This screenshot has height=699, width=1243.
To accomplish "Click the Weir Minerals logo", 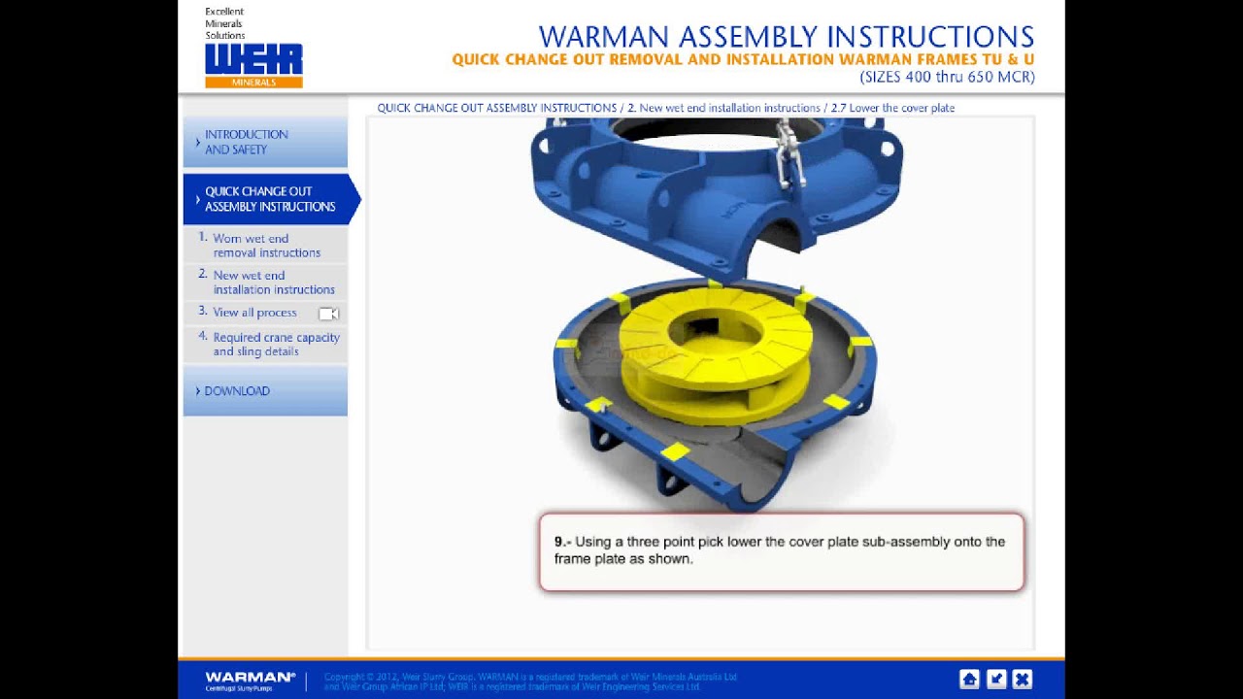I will click(253, 65).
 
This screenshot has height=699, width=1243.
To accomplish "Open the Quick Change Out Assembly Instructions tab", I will click(269, 199).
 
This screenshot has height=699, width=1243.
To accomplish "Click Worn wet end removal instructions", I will click(266, 246).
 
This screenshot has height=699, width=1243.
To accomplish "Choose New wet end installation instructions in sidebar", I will click(273, 283).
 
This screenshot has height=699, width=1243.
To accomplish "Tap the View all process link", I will click(254, 313).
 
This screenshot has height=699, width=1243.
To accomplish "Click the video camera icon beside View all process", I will click(328, 314).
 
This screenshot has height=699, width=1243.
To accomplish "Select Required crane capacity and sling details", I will click(276, 345).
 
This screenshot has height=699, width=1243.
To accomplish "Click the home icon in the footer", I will click(969, 679).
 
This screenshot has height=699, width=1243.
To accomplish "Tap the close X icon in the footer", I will click(1022, 679).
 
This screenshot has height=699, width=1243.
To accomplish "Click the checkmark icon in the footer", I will click(995, 679).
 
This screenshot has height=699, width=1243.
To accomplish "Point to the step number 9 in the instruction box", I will click(561, 542).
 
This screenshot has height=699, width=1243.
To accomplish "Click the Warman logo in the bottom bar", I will click(250, 680).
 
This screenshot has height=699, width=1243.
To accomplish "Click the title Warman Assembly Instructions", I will click(786, 37).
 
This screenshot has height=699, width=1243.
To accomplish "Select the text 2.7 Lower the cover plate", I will click(892, 108).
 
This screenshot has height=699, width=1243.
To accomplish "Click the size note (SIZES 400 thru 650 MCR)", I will click(947, 77).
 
